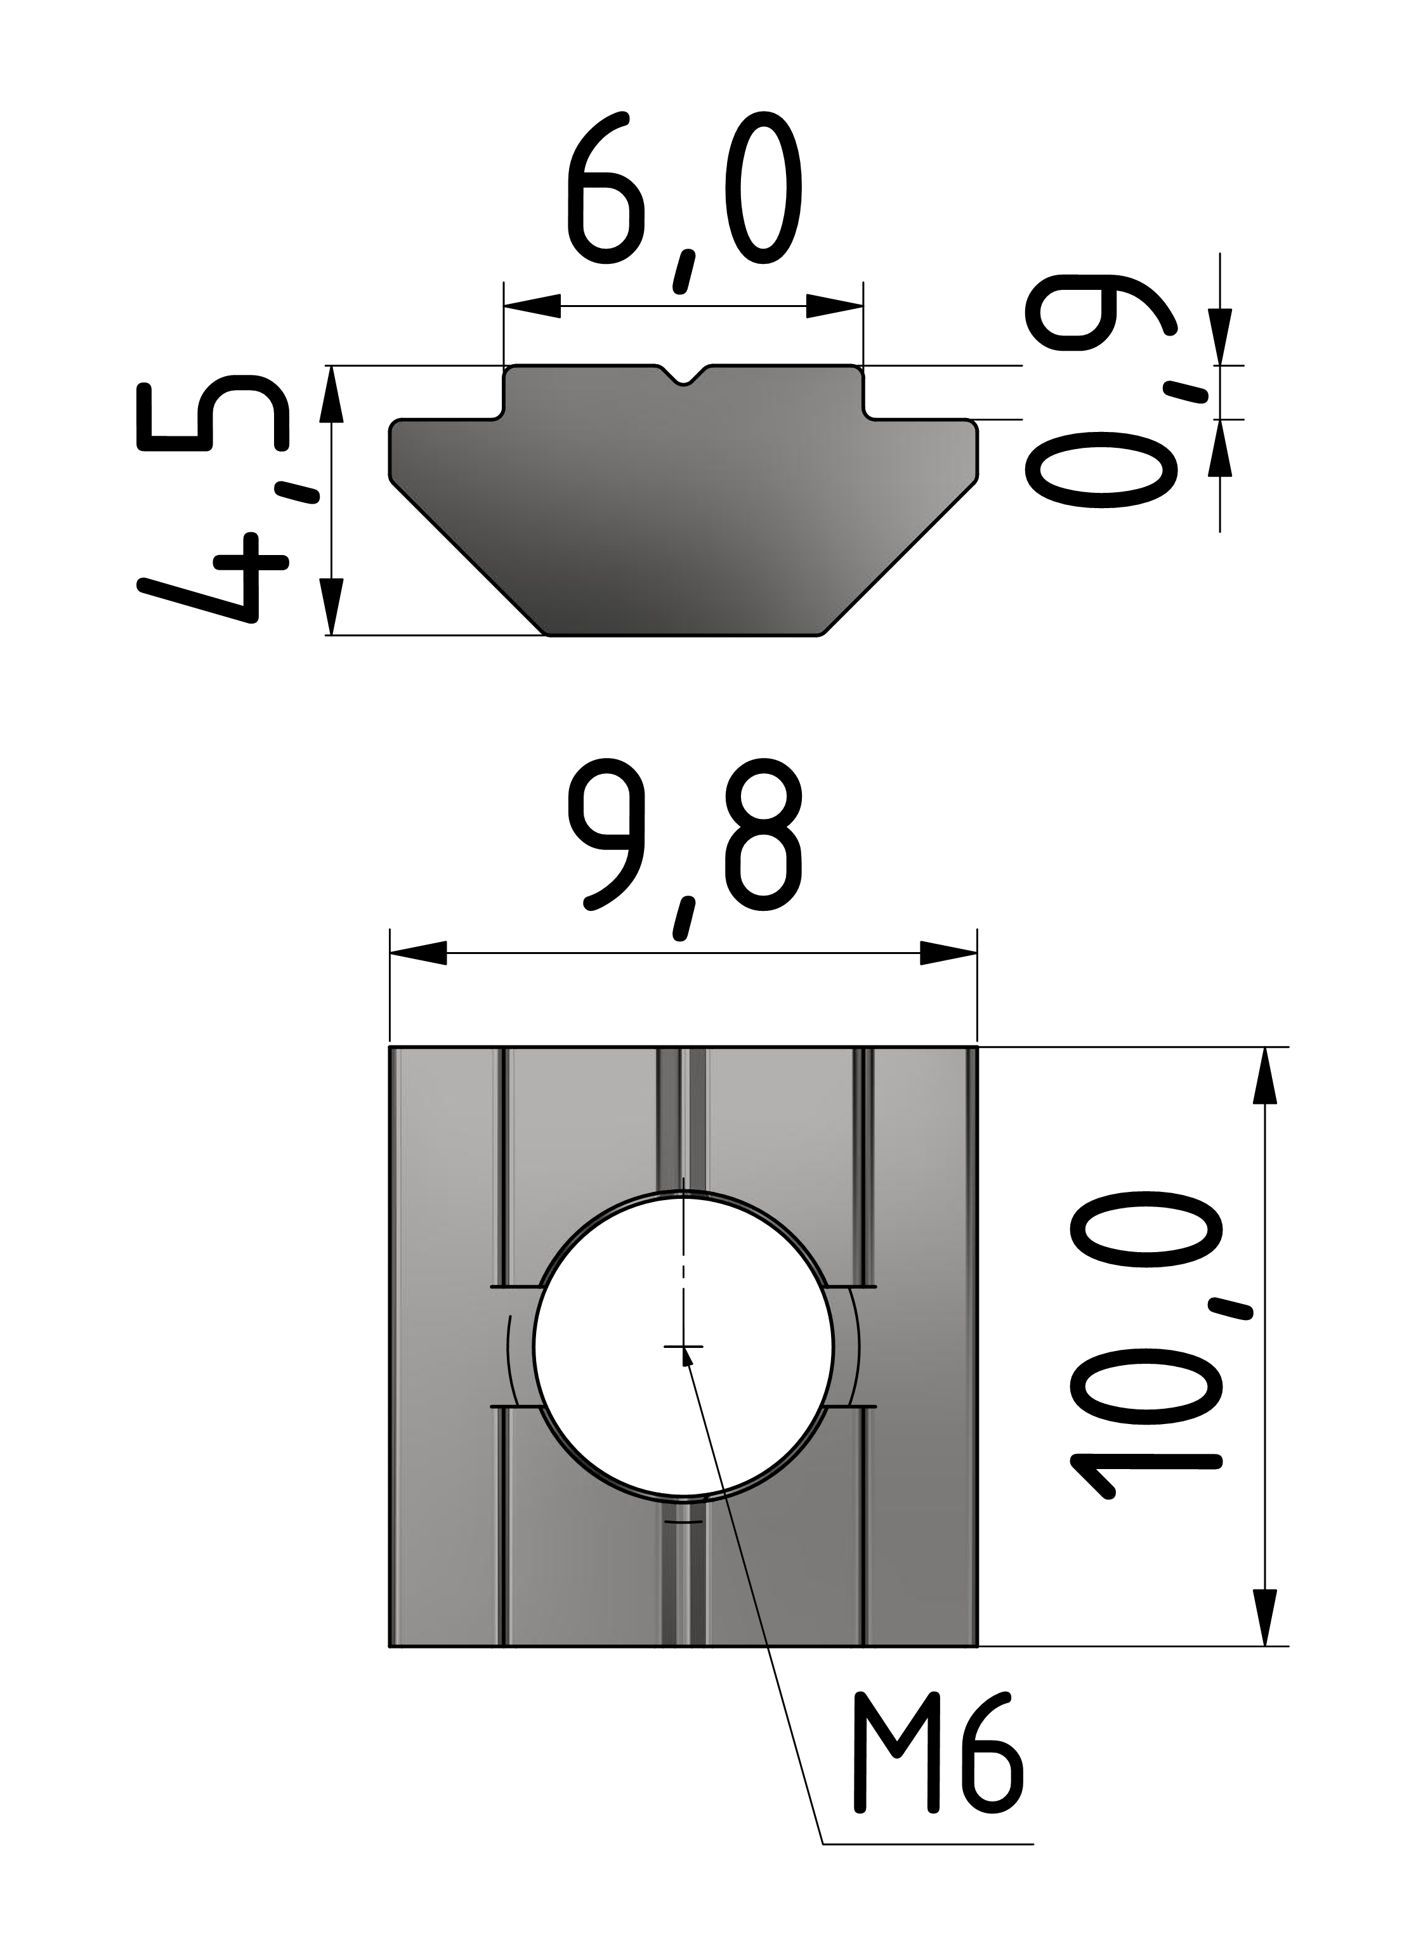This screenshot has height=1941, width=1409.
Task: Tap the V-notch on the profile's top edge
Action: coord(683,377)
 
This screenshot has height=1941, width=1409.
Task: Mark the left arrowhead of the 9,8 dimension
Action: coord(417,953)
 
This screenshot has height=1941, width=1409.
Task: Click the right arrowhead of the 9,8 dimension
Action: coord(948,953)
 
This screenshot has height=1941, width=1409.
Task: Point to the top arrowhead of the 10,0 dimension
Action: coord(1264,1076)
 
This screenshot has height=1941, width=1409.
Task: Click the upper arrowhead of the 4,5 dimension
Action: coord(331,395)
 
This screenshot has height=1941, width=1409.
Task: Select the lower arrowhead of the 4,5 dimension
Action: coord(331,606)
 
